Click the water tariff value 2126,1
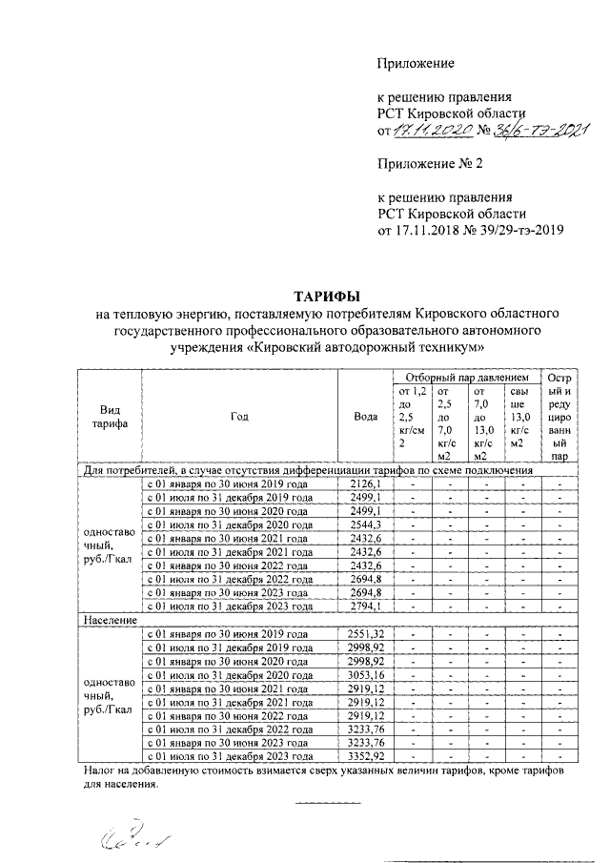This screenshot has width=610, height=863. pyautogui.click(x=364, y=484)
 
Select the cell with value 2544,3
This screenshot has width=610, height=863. pyautogui.click(x=364, y=524)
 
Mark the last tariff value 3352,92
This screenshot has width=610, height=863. pyautogui.click(x=364, y=755)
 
